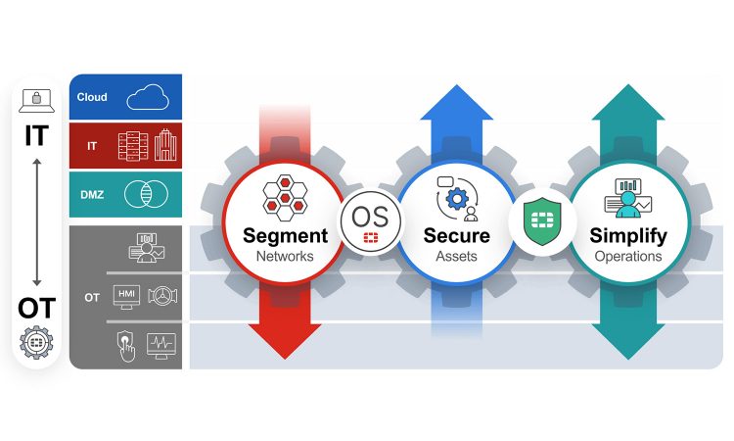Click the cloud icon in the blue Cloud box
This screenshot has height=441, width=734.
pyautogui.click(x=149, y=96)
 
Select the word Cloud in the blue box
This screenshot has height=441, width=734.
pyautogui.click(x=92, y=97)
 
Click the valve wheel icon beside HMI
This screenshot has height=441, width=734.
pyautogui.click(x=161, y=296)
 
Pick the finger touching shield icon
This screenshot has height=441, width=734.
pyautogui.click(x=123, y=345)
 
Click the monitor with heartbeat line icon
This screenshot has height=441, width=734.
pyautogui.click(x=161, y=344)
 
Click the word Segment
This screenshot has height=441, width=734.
pyautogui.click(x=285, y=236)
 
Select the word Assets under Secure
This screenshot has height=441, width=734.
pyautogui.click(x=456, y=256)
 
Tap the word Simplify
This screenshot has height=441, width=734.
pyautogui.click(x=627, y=236)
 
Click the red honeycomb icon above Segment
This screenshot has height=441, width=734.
pyautogui.click(x=285, y=195)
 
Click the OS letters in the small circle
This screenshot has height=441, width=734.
pyautogui.click(x=370, y=214)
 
